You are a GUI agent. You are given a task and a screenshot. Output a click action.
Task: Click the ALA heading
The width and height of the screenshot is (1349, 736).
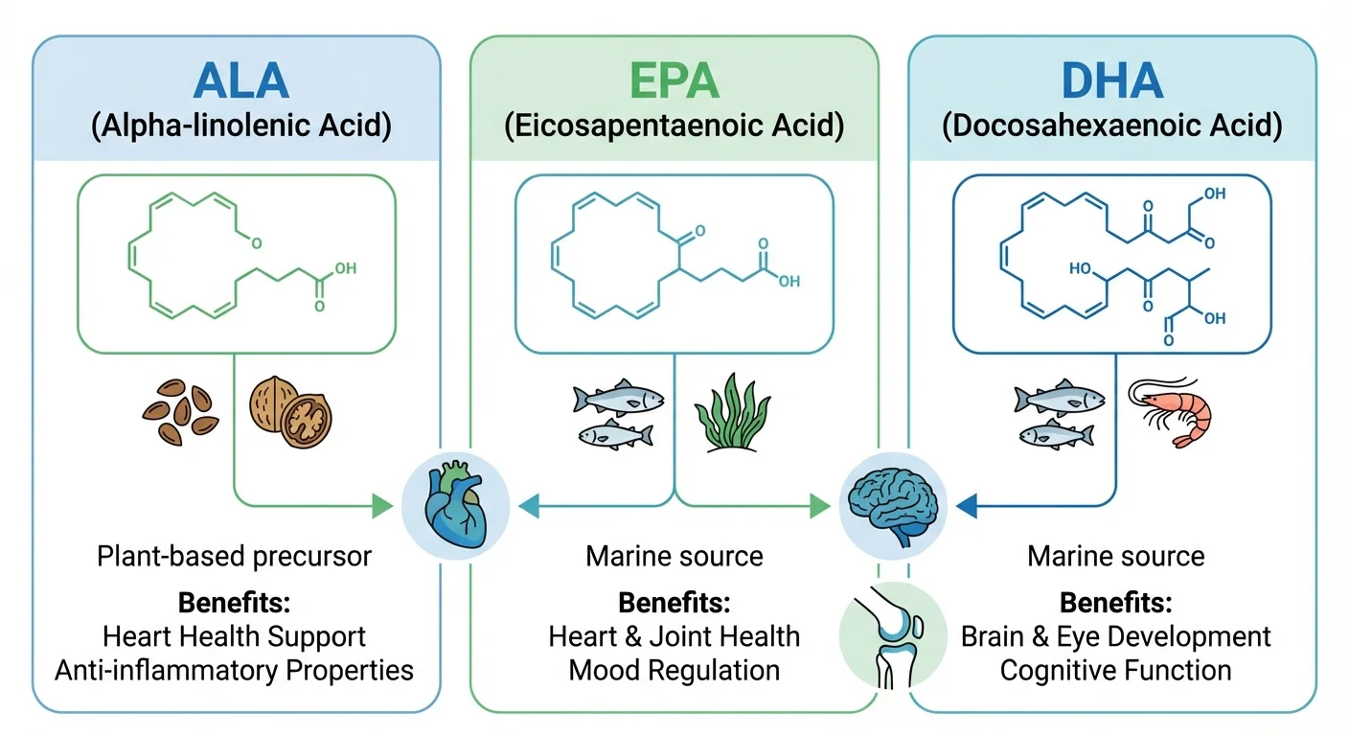[240, 81]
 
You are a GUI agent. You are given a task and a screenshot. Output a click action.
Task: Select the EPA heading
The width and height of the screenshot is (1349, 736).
[674, 81]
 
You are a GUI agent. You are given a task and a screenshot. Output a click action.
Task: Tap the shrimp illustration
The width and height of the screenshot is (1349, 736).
[1171, 409]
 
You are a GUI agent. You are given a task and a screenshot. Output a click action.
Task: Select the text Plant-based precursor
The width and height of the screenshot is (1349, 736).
[234, 556]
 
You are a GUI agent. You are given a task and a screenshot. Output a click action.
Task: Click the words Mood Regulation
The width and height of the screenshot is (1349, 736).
[674, 669]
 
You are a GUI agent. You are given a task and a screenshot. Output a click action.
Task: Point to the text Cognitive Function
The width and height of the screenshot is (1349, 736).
[1115, 669]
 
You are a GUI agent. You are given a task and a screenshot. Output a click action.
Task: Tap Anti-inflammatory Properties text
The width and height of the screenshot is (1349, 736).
[234, 669]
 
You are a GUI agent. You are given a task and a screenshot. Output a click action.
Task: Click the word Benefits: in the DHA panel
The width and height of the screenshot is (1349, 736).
[1115, 603]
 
